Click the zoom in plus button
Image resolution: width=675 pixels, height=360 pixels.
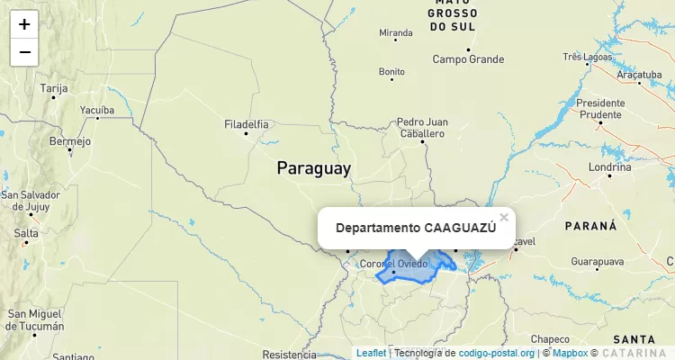coord(24,24)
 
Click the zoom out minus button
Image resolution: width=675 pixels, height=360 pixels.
coord(24,52)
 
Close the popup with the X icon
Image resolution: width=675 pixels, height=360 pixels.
coord(504,217)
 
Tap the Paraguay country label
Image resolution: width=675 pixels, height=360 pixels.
coord(313,168)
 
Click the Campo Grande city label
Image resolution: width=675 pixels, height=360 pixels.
coord(468,59)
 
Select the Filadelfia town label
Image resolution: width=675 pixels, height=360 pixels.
coord(246,123)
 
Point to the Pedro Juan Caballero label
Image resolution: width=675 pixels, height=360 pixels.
coord(421,127)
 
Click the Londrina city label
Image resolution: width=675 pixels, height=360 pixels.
coord(609,167)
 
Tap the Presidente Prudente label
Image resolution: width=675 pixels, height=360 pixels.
coord(600,108)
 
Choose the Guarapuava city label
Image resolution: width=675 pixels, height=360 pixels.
coord(597,262)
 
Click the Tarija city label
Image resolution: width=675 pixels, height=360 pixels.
coord(54,88)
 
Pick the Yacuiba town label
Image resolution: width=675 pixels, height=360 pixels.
coord(97,111)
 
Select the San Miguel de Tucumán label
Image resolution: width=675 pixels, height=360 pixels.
coord(35,319)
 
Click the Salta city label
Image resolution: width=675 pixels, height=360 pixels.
coord(26,233)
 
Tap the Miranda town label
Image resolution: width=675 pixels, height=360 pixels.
coord(396,33)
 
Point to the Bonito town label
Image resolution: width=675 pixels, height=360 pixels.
coord(391,71)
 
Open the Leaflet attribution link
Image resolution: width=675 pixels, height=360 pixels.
coord(371,353)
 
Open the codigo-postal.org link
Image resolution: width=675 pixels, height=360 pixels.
coord(496,353)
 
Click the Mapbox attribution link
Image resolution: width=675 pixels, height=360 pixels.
coord(569,353)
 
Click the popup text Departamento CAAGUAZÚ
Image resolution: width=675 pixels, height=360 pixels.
coord(416,228)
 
